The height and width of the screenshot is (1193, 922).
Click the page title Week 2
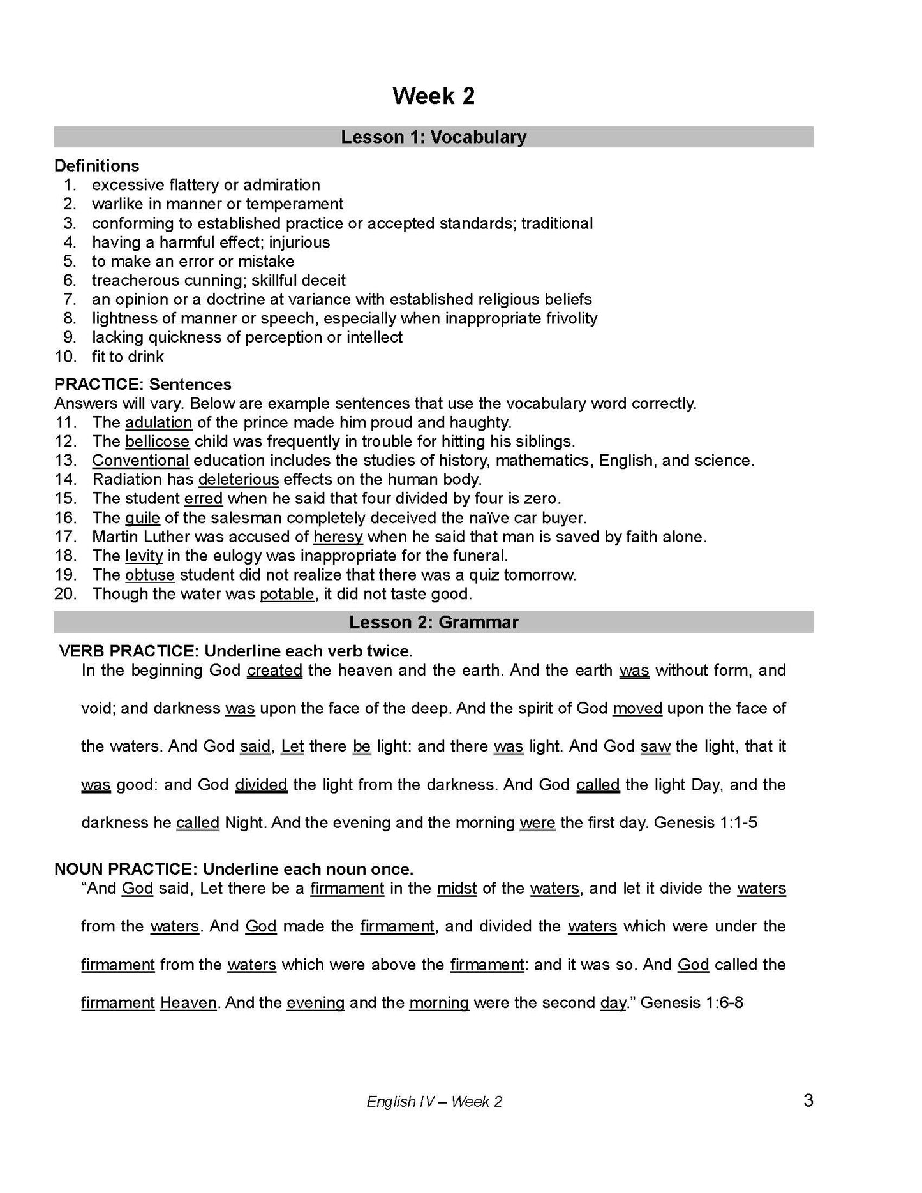[x=433, y=96]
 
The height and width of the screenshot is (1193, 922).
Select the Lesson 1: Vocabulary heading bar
[x=433, y=137]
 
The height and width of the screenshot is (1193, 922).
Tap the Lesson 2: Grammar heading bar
[x=433, y=622]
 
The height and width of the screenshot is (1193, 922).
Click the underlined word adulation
[x=158, y=422]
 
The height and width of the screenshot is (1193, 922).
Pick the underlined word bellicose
[x=157, y=441]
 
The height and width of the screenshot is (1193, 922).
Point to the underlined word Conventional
[x=140, y=461]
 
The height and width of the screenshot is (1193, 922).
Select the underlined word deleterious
[x=239, y=479]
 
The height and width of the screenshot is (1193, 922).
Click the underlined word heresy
[x=338, y=537]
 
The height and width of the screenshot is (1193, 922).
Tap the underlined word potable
[x=286, y=594]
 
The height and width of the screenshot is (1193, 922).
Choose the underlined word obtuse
[x=149, y=575]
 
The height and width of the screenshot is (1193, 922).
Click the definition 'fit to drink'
[x=128, y=357]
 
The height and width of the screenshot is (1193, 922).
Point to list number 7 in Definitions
[x=70, y=299]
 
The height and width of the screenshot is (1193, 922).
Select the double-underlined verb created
[x=274, y=671]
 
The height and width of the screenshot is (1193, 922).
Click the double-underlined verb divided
[x=261, y=785]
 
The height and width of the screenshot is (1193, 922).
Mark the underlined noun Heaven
[x=188, y=1003]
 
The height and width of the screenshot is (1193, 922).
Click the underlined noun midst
[x=457, y=889]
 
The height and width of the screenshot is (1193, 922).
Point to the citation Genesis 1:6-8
[x=692, y=1003]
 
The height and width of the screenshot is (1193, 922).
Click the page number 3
[x=808, y=1100]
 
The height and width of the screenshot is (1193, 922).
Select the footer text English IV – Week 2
[x=434, y=1102]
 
